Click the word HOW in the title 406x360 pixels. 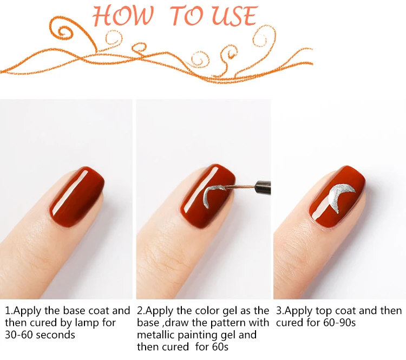click(123, 16)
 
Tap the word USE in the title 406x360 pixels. click(235, 16)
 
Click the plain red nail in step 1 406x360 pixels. click(77, 198)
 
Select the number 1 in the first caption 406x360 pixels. click(8, 311)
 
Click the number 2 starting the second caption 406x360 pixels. click(140, 311)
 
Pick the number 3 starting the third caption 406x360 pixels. click(279, 311)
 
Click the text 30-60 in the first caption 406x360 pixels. click(19, 335)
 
